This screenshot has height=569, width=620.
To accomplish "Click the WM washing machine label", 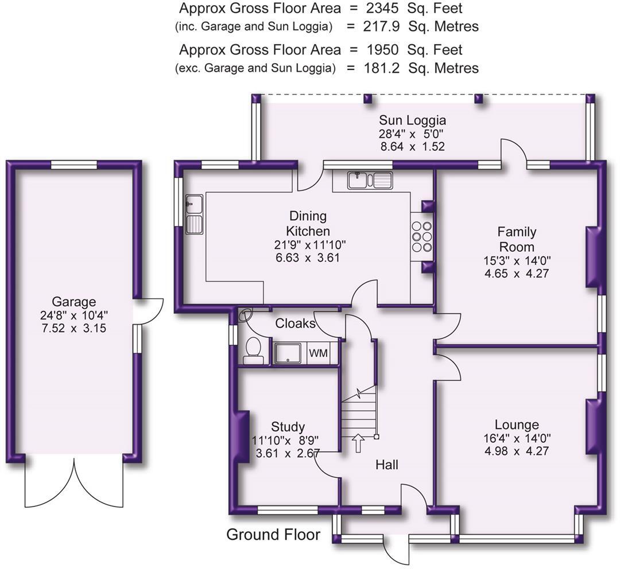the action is pos(318,352).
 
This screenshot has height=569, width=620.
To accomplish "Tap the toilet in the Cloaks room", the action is pos(253,350).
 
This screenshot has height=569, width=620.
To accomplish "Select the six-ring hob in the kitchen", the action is pos(421,237).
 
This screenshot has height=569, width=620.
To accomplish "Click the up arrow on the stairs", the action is pos(358,443).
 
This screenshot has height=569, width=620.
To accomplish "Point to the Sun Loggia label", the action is pos(412,120).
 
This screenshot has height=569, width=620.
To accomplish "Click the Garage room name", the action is pos(74,302).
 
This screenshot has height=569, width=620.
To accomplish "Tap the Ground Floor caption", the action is pos(273,534).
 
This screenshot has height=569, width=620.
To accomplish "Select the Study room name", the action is pos(288,427).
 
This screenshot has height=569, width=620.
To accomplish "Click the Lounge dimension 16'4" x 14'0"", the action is pos(517,438).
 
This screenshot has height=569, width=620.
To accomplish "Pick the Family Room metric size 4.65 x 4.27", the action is pos(517,273).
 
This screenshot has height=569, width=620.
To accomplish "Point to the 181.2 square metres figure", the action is pos(381,68).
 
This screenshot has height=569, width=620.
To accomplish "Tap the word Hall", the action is pos(387,465).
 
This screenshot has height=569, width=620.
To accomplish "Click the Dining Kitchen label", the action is pos(308,223).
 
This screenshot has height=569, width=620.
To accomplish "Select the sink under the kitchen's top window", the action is pos(370,180).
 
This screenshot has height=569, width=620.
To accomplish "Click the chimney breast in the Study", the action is pos(243,437).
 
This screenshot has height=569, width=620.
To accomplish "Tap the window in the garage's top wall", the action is pos(74,165).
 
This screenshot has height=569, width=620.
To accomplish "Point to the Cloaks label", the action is pos(295,324).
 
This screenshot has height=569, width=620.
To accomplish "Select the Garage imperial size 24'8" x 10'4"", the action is pos(74,315).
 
